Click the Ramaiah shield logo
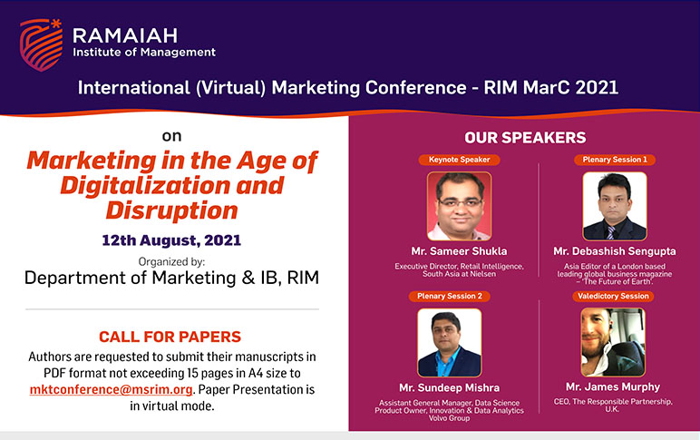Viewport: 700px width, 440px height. [41, 44]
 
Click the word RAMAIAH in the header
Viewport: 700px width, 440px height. [125, 35]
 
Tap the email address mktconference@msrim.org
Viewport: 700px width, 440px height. [112, 389]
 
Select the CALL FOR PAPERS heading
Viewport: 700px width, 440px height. [170, 337]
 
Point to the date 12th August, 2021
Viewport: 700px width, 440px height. [171, 240]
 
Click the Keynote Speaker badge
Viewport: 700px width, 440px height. [459, 160]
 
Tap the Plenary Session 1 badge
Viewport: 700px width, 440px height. [614, 160]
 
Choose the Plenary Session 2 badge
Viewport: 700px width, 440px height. [450, 296]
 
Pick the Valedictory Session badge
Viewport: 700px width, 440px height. [613, 296]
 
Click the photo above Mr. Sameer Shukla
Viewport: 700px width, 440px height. [460, 206]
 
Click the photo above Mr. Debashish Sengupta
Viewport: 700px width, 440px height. [615, 206]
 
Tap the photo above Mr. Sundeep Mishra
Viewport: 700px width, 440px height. [450, 343]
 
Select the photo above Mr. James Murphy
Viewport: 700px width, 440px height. [613, 343]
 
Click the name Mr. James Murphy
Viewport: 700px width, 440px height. [613, 386]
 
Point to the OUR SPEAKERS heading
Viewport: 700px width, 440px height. [525, 138]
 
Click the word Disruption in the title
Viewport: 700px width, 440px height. [172, 210]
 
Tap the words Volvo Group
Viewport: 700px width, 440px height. [449, 418]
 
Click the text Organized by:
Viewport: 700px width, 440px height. [172, 262]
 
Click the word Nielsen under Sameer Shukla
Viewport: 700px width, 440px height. [482, 274]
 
